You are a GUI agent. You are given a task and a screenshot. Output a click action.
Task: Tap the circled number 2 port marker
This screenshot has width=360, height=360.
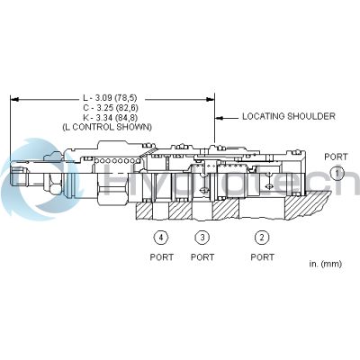[262, 238]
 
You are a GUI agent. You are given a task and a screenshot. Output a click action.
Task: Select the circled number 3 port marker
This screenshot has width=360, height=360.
[203, 238]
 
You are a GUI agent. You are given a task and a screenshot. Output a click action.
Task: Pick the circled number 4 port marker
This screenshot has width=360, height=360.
[160, 238]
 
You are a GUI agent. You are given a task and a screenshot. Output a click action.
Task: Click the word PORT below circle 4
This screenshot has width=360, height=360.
[161, 256]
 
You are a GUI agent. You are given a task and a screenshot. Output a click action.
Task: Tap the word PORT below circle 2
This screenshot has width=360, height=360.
[263, 256]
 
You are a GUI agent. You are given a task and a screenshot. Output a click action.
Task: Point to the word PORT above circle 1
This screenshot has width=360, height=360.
[335, 157]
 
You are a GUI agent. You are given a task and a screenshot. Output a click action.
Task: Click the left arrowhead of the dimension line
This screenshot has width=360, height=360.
[13, 98]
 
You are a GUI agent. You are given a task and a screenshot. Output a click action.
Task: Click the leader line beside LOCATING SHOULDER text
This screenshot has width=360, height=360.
[226, 116]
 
